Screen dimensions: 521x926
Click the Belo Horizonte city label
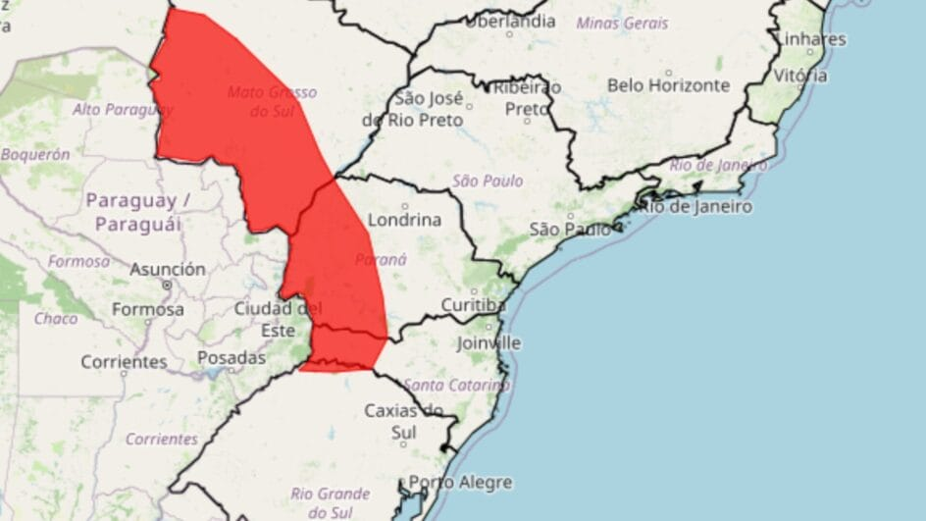pyautogui.click(x=668, y=85)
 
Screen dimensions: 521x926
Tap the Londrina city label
pyautogui.click(x=403, y=220)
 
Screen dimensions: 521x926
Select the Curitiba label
pyautogui.click(x=473, y=304)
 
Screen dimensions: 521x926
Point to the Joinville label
pyautogui.click(x=489, y=343)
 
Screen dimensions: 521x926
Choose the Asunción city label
pyautogui.click(x=168, y=269)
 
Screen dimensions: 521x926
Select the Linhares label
pyautogui.click(x=810, y=39)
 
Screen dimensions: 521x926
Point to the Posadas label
pyautogui.click(x=231, y=358)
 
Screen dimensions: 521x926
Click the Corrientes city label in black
pyautogui.click(x=124, y=362)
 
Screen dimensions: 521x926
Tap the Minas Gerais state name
pyautogui.click(x=622, y=23)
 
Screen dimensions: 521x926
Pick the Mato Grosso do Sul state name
pyautogui.click(x=272, y=101)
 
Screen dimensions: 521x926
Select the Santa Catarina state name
pyautogui.click(x=456, y=385)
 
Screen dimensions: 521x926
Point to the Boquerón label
pyautogui.click(x=35, y=154)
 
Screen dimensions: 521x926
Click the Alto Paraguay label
pyautogui.click(x=122, y=109)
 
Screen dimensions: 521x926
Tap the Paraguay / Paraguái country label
pyautogui.click(x=137, y=212)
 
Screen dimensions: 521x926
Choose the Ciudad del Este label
pyautogui.click(x=278, y=319)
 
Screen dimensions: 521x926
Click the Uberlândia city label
pyautogui.click(x=509, y=21)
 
